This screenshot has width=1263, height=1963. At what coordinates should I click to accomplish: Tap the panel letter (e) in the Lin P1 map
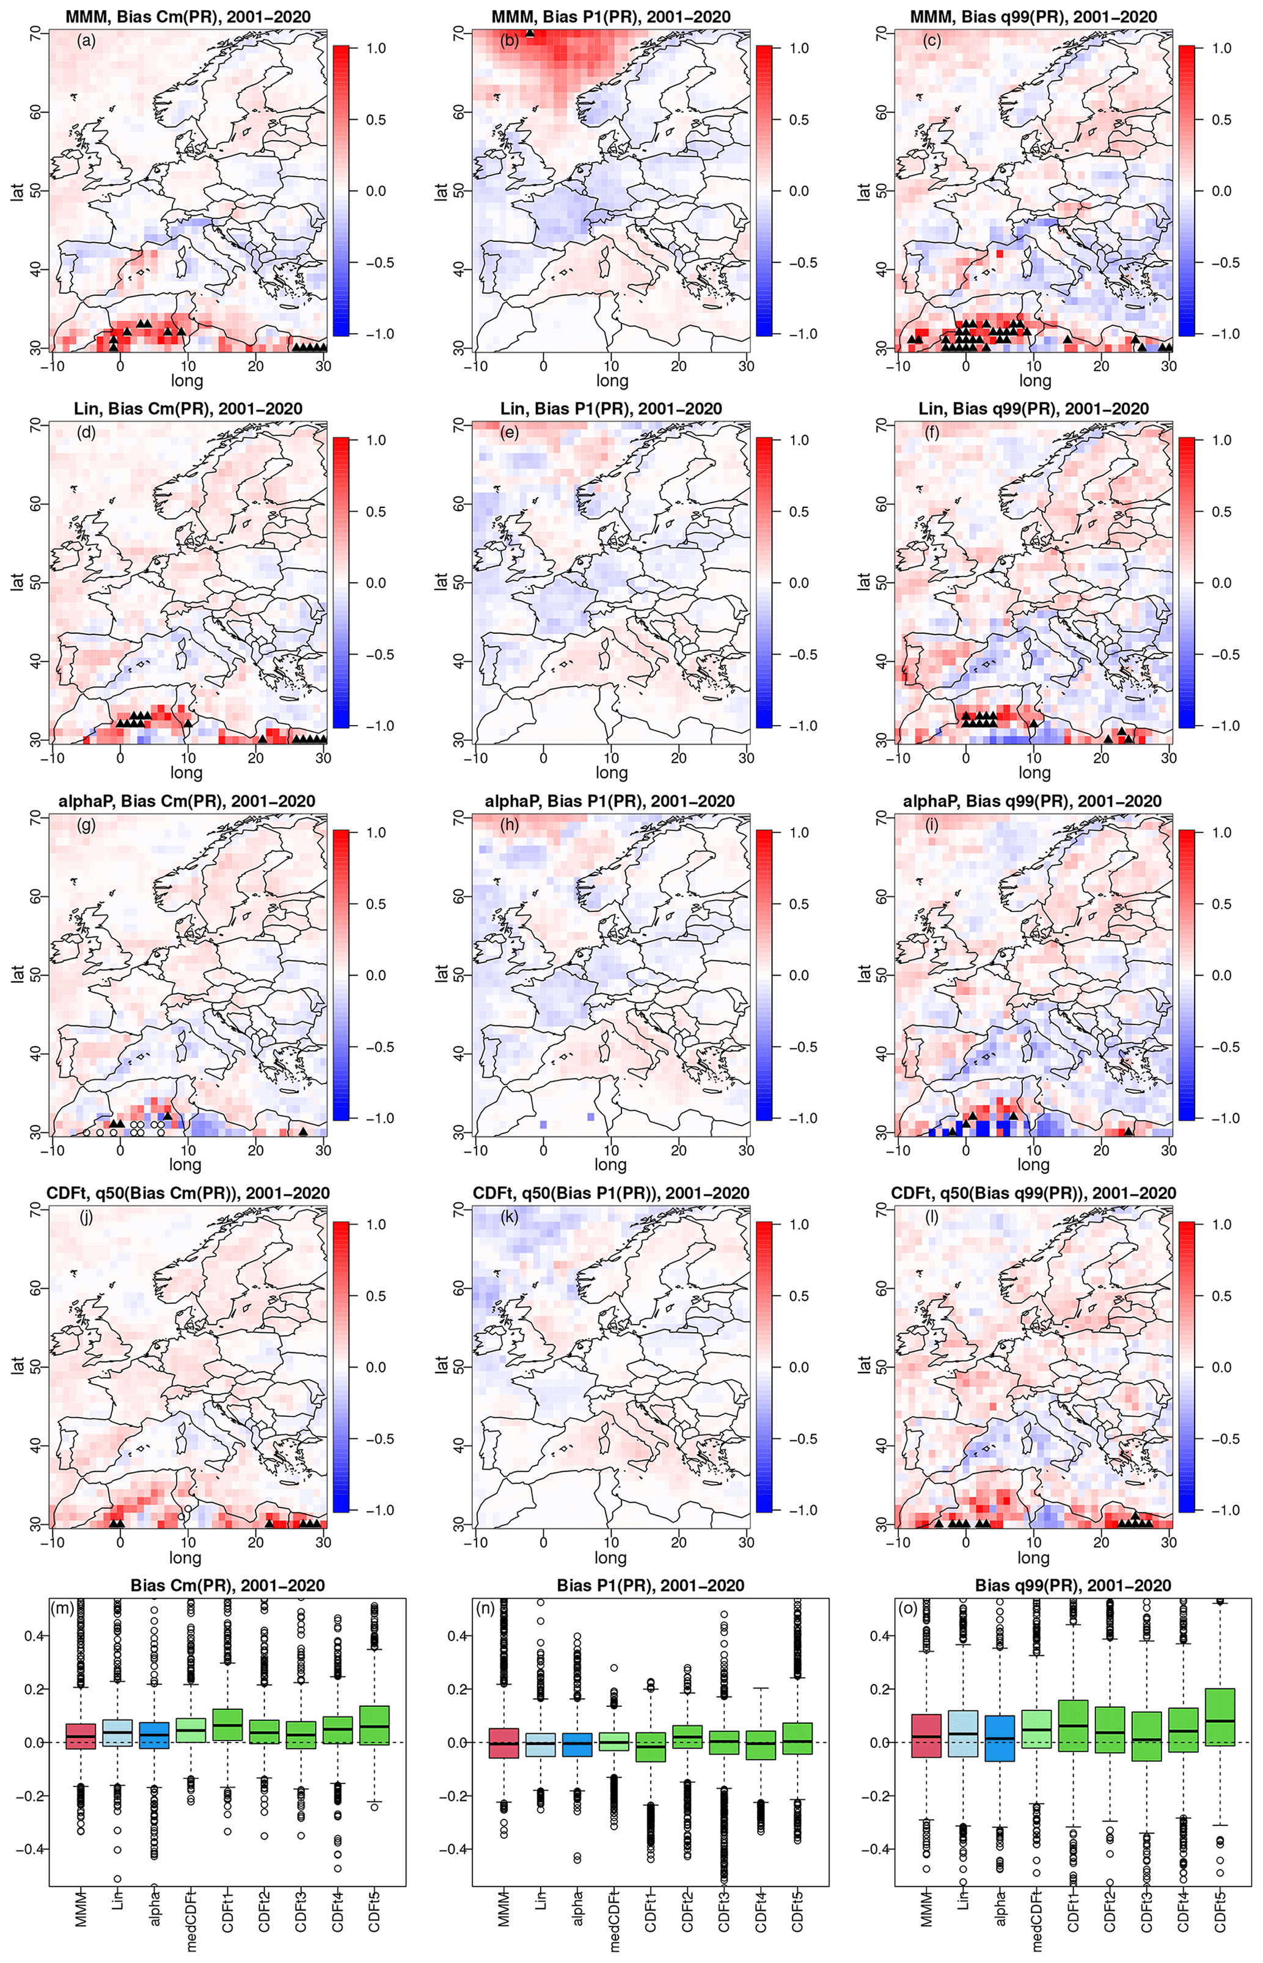pyautogui.click(x=510, y=432)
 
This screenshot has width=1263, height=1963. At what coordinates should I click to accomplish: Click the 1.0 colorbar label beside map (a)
pyautogui.click(x=376, y=48)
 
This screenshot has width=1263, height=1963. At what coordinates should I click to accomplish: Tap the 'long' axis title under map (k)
pyautogui.click(x=611, y=1557)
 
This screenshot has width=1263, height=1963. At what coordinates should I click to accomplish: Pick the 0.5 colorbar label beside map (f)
pyautogui.click(x=1222, y=511)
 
